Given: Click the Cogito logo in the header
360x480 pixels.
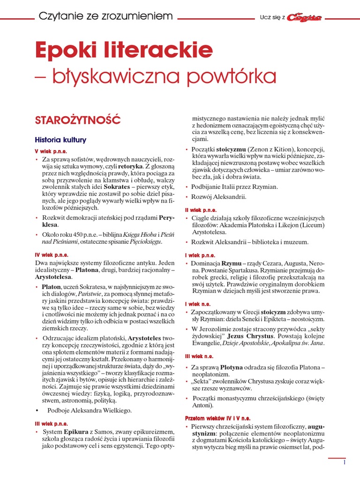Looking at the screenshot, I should [304, 17].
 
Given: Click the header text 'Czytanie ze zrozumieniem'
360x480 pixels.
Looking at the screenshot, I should [106, 17].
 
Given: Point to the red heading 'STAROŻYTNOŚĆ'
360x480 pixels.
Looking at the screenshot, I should [78, 120].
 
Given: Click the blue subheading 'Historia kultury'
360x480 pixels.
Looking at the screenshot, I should [60, 140].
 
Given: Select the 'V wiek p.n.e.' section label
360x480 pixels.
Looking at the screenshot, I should [51, 151].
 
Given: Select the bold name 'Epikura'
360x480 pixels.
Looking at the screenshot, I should [76, 431].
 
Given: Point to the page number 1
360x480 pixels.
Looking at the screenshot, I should [344, 462].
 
